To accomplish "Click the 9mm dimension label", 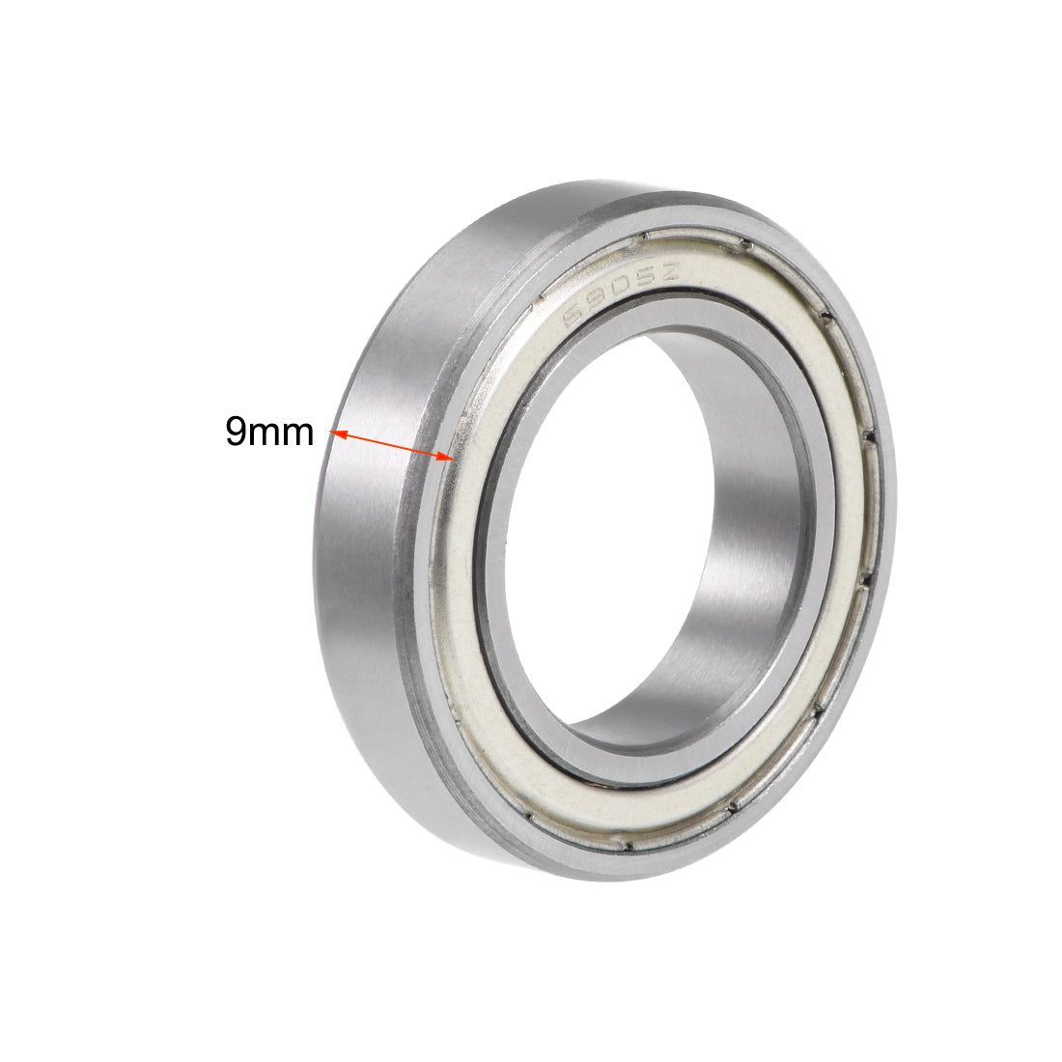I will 269,431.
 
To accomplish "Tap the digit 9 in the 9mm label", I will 236,431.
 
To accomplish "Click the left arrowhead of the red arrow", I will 337,434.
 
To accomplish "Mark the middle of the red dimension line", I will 391,445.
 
